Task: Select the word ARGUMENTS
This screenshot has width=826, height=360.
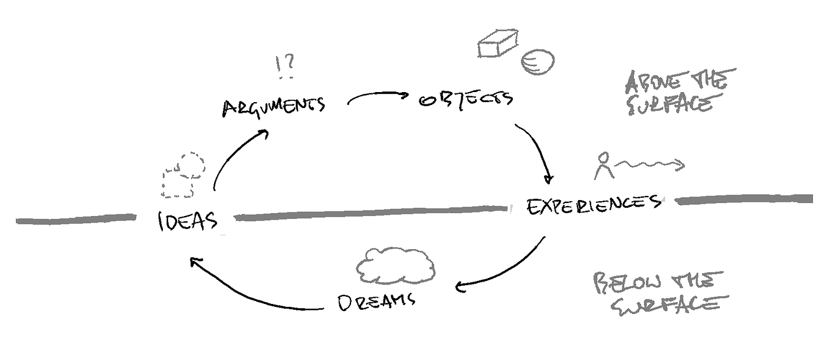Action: pos(273,107)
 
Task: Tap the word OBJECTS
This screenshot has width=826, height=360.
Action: pos(466,99)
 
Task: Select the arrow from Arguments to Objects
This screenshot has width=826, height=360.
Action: pos(378,96)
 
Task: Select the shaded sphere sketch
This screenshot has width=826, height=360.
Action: pos(537,61)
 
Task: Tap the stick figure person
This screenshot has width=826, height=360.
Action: pos(602,166)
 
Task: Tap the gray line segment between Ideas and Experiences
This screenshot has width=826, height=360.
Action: pos(372,213)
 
